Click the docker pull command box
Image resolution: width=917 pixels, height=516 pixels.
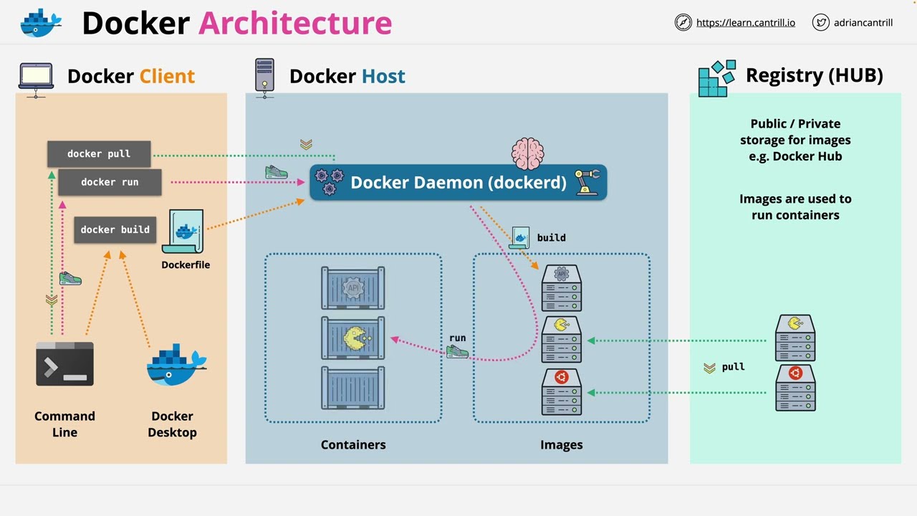[99, 154]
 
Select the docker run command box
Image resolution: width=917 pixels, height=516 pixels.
[110, 182]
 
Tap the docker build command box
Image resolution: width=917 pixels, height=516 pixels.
[115, 230]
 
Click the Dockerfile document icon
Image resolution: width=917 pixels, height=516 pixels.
[184, 231]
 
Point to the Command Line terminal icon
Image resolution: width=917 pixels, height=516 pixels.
[64, 364]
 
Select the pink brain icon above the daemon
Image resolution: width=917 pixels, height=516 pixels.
[527, 153]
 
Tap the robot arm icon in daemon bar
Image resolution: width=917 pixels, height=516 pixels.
[587, 182]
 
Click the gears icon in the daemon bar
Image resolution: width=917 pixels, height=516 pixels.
[329, 182]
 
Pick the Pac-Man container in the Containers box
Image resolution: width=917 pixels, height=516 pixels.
[353, 338]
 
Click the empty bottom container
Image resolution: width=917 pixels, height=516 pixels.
[353, 388]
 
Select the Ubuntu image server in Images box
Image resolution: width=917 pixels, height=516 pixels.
[562, 391]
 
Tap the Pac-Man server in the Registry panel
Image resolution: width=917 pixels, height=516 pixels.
[795, 338]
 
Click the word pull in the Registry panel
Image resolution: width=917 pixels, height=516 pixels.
[733, 367]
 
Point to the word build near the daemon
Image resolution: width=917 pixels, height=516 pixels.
[552, 237]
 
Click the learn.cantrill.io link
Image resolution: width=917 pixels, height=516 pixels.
[745, 22]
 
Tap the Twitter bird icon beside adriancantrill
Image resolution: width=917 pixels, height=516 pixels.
[821, 22]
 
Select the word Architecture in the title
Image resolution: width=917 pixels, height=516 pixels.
[295, 23]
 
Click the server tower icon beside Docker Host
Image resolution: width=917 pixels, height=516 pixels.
[264, 76]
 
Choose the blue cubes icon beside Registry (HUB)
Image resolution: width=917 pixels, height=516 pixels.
[716, 77]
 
